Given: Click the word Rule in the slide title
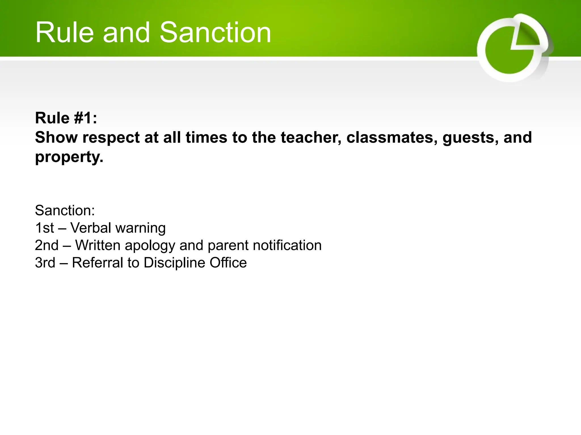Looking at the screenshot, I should (64, 33).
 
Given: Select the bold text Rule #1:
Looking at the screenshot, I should (66, 118).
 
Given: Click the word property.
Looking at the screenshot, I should (69, 157).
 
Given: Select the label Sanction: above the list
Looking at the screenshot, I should (65, 210).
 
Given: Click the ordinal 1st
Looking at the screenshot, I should (44, 228).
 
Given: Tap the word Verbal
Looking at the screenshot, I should (90, 228).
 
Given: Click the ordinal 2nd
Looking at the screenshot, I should (47, 245).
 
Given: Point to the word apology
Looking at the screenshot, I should (150, 245).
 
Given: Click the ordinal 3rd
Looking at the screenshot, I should (45, 263).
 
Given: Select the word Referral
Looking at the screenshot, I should (98, 263).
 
